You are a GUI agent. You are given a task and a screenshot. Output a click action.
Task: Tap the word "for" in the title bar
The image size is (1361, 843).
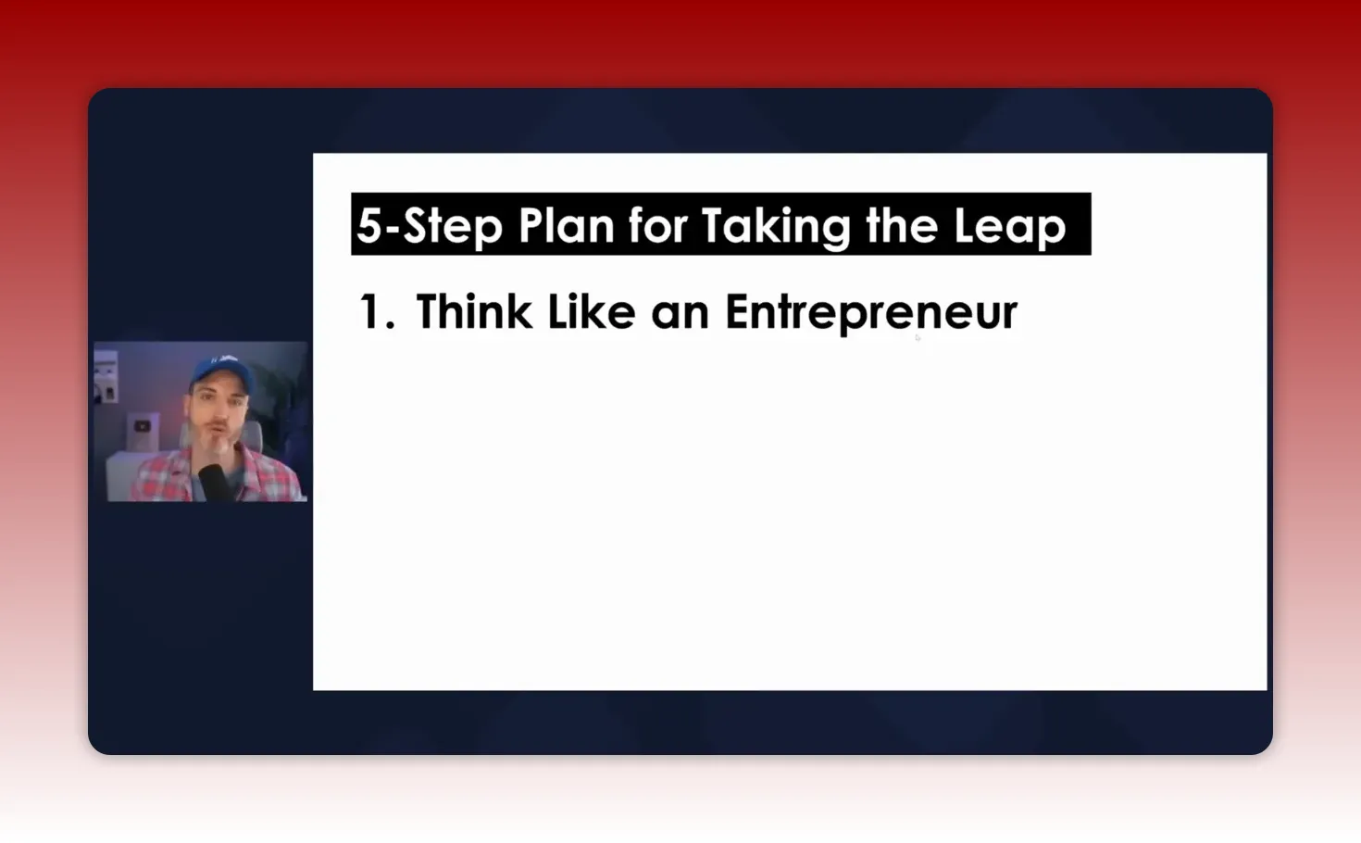pos(656,226)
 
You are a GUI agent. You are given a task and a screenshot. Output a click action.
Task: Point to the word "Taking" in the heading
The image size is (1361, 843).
pos(775,226)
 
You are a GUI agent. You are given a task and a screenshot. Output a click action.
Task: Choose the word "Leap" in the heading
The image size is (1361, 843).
pos(1009,226)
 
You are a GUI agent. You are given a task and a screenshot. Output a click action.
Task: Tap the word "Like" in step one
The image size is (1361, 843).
pos(591,312)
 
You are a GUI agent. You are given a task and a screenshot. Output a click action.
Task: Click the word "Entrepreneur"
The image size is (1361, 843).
pos(870,312)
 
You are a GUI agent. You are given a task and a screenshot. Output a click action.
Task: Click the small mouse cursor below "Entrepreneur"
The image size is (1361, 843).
pos(918,337)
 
